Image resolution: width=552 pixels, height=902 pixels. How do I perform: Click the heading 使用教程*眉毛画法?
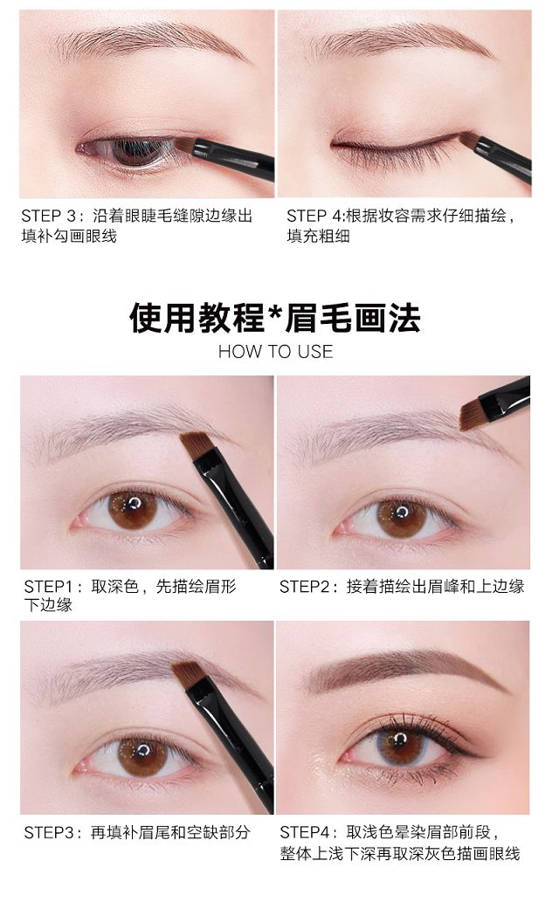click(x=275, y=318)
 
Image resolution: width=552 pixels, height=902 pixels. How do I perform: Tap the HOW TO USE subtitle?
click(x=275, y=352)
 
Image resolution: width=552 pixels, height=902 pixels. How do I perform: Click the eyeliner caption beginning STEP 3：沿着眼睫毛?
click(x=137, y=225)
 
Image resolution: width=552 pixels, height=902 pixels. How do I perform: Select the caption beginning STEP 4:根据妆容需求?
click(x=401, y=225)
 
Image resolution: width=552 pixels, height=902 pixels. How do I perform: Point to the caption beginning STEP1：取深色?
click(x=130, y=596)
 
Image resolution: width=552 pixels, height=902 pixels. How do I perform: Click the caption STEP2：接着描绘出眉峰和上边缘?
click(x=402, y=586)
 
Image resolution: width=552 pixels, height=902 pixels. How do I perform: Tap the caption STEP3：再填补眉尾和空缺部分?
click(x=137, y=832)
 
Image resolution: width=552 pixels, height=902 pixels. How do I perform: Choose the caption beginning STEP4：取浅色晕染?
click(x=400, y=842)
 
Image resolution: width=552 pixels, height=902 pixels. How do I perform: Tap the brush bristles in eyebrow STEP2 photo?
click(x=472, y=413)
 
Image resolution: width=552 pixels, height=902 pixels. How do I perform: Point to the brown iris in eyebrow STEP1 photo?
click(x=132, y=509)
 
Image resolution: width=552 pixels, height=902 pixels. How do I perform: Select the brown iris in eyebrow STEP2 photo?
click(x=401, y=518)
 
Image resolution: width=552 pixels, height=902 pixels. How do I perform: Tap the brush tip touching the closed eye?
click(x=466, y=138)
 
